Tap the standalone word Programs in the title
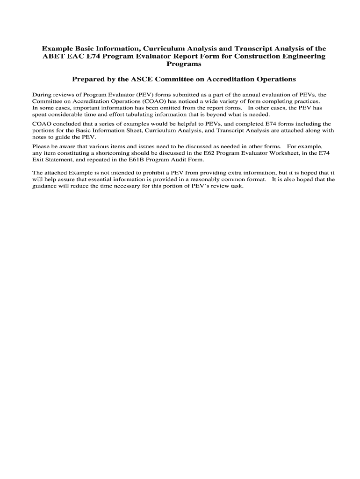click(x=180, y=64)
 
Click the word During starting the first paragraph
click(x=41, y=94)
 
